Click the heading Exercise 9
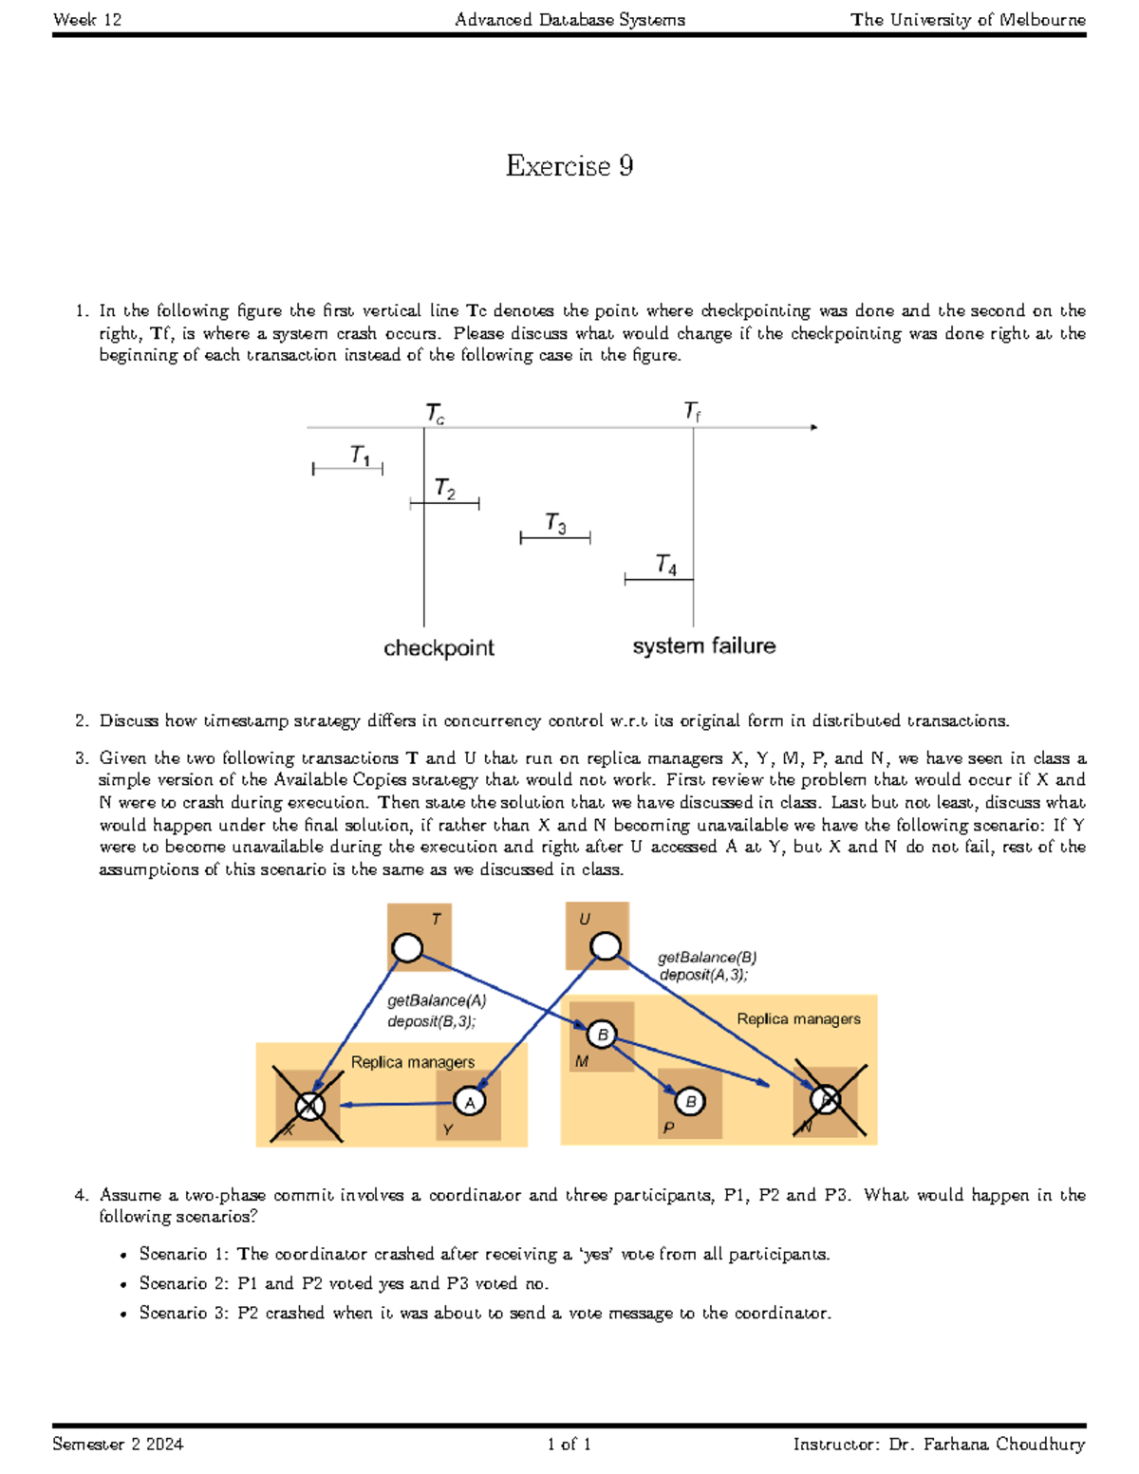[x=569, y=166]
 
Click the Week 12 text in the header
[x=87, y=19]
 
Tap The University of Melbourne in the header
[x=967, y=19]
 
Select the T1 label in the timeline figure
[x=360, y=456]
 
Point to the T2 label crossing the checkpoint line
[x=444, y=489]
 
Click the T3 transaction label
[x=555, y=523]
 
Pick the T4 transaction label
[x=666, y=565]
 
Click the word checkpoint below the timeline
[x=439, y=647]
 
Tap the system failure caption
[x=703, y=645]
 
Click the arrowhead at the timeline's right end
[x=813, y=427]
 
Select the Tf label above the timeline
[x=692, y=411]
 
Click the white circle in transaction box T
[x=407, y=947]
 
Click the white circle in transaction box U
[x=606, y=945]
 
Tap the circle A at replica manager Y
[x=470, y=1101]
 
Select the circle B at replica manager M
[x=602, y=1035]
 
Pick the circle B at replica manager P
[x=690, y=1101]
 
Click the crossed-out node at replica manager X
[x=309, y=1105]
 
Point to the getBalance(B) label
[x=707, y=957]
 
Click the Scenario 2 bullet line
[x=344, y=1283]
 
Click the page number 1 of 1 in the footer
[x=569, y=1444]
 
